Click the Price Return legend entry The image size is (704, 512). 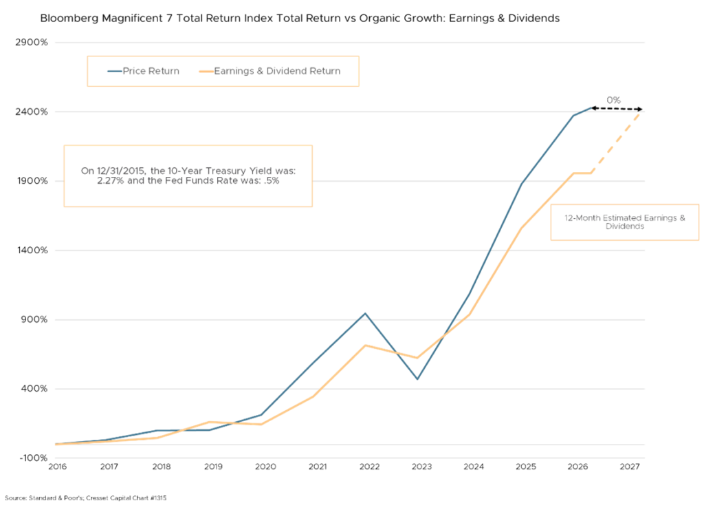(x=151, y=71)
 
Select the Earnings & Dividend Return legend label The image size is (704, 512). (x=276, y=71)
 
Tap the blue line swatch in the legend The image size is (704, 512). (x=114, y=71)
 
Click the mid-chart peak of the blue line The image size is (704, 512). (x=366, y=314)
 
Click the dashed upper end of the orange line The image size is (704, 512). (x=636, y=115)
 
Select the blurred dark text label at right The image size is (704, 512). (x=629, y=225)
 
